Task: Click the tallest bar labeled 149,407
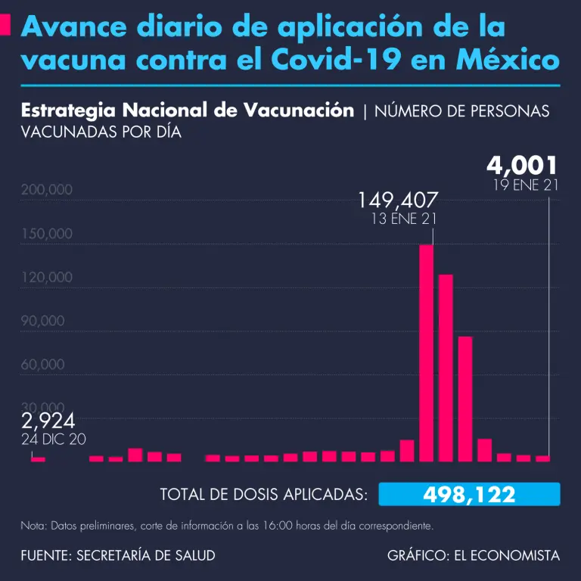pyautogui.click(x=426, y=353)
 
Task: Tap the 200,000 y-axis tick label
pyautogui.click(x=47, y=189)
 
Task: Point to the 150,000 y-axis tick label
pyautogui.click(x=47, y=233)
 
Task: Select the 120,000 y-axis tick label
pyautogui.click(x=47, y=277)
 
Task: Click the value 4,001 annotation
pyautogui.click(x=522, y=165)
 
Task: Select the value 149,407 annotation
pyautogui.click(x=398, y=201)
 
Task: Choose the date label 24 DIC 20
pyautogui.click(x=54, y=439)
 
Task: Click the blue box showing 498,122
pyautogui.click(x=469, y=495)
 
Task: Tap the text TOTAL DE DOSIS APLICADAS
pyautogui.click(x=264, y=495)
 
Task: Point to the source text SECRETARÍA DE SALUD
pyautogui.click(x=146, y=555)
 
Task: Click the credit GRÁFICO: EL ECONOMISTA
pyautogui.click(x=474, y=555)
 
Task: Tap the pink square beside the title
pyautogui.click(x=5, y=28)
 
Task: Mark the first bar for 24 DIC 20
pyautogui.click(x=38, y=459)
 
